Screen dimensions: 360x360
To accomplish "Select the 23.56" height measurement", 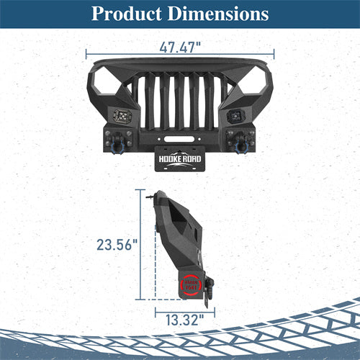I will (117, 245).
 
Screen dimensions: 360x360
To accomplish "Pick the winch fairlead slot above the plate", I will (179, 134).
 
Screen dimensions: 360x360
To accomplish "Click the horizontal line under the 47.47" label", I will (179, 54).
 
